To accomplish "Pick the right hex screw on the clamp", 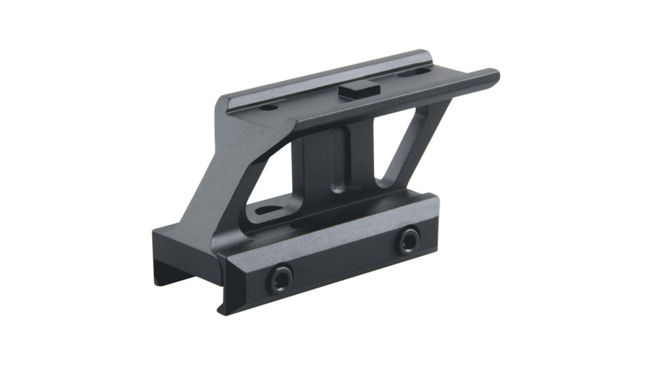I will (408, 241).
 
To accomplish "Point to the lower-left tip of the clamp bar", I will (223, 307).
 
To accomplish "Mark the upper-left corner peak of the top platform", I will (221, 98).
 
